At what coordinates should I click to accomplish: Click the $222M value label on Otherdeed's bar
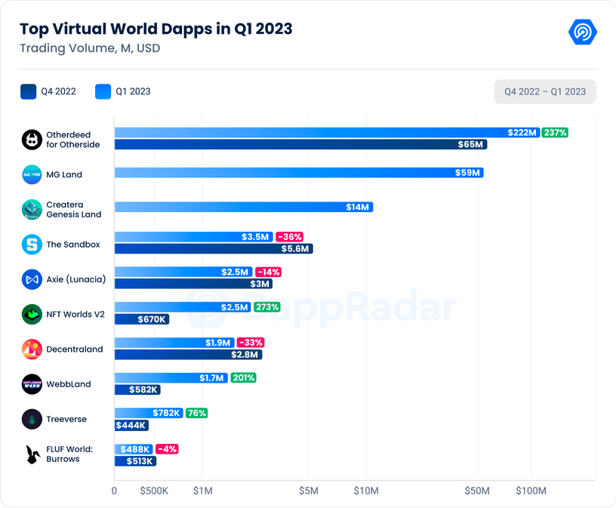click(522, 133)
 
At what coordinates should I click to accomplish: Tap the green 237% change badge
click(555, 133)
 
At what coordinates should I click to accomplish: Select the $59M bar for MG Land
click(298, 173)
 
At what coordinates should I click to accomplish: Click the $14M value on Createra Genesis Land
click(357, 207)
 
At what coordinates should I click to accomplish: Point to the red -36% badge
click(288, 237)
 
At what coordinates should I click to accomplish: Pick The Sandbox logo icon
click(32, 245)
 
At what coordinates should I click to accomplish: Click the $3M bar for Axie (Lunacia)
click(192, 284)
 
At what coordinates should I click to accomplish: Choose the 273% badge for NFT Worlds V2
click(267, 307)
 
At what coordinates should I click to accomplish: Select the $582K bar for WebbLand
click(137, 389)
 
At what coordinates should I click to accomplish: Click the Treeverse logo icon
click(32, 419)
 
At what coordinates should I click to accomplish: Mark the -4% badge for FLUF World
click(167, 449)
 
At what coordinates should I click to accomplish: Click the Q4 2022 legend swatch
click(28, 92)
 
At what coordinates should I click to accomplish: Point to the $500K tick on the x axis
click(154, 491)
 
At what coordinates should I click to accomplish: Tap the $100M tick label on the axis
click(531, 491)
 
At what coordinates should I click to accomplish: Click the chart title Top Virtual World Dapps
click(156, 29)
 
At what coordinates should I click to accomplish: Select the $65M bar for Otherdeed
click(300, 144)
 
